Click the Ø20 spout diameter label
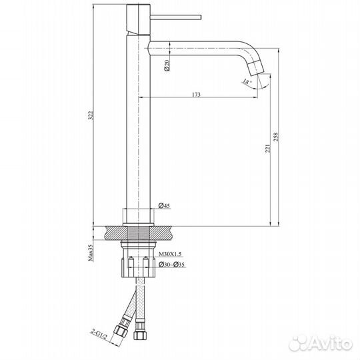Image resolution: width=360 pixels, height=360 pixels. pos(166,64)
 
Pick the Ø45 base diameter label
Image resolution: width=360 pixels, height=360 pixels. pos(165,207)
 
